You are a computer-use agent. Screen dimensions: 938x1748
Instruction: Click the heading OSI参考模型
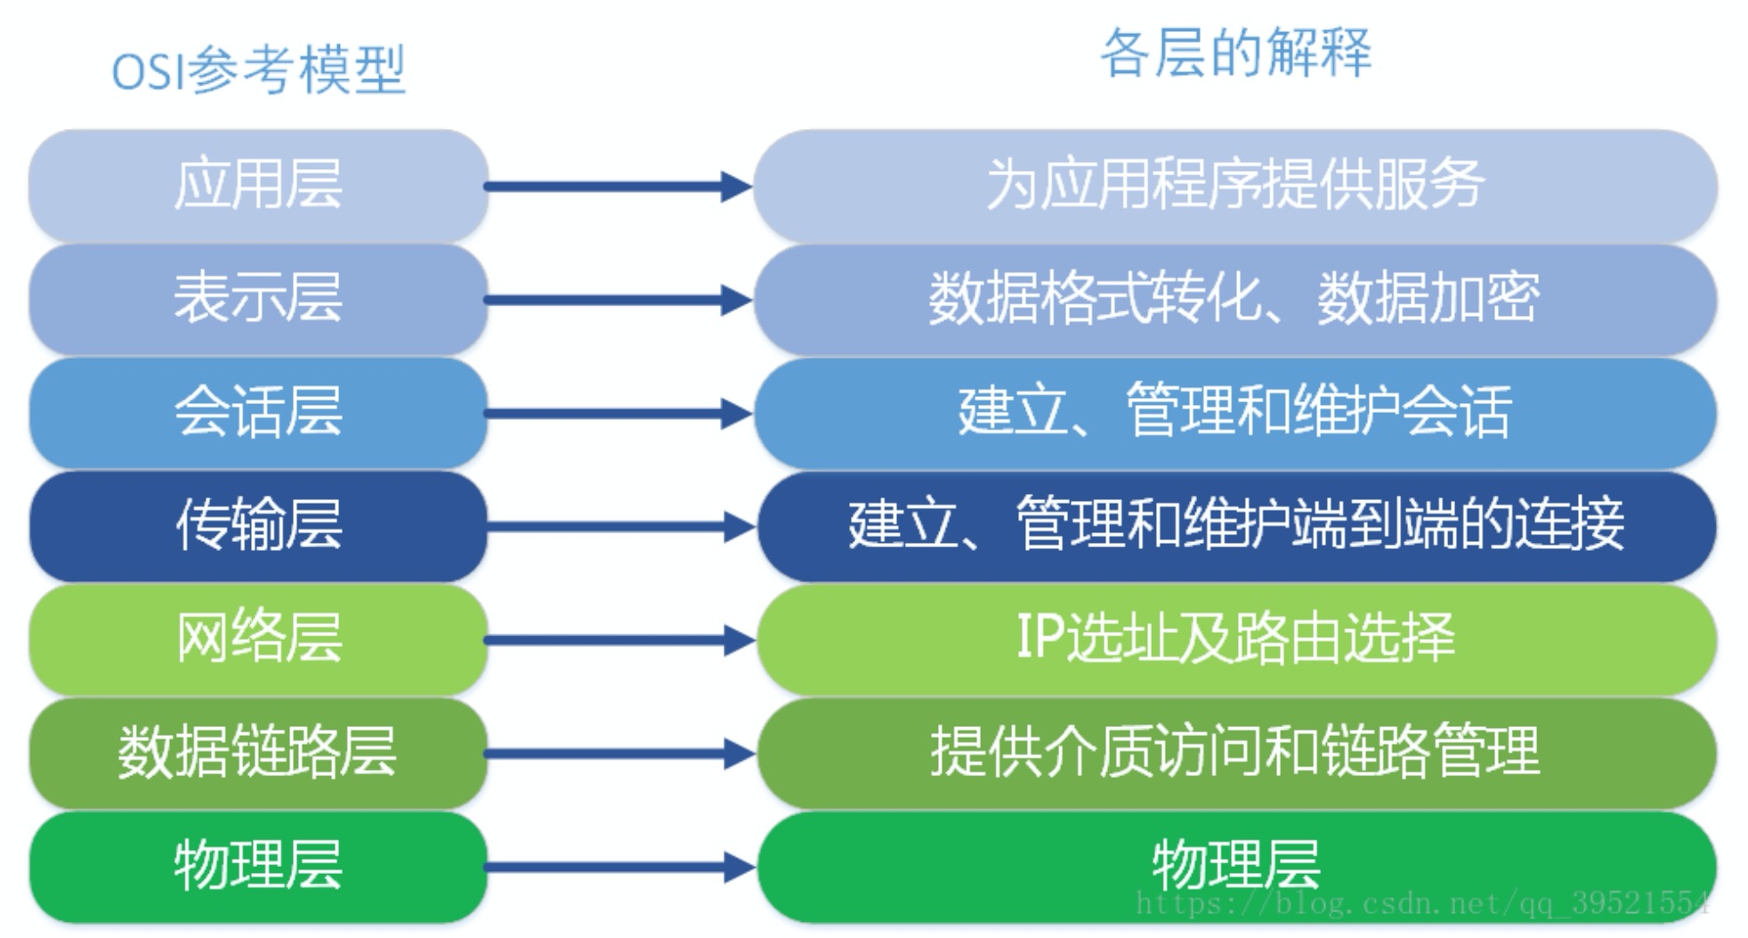pyautogui.click(x=258, y=69)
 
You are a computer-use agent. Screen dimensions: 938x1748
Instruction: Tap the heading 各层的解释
pyautogui.click(x=1235, y=53)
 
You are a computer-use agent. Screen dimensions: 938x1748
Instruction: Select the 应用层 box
pyautogui.click(x=258, y=185)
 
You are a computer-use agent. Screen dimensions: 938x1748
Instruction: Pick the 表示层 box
pyautogui.click(x=258, y=298)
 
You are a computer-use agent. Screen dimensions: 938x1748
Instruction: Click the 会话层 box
pyautogui.click(x=258, y=412)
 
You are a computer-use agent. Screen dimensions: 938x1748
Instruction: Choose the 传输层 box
pyautogui.click(x=258, y=525)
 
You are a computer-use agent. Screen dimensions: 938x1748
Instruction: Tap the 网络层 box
pyautogui.click(x=258, y=638)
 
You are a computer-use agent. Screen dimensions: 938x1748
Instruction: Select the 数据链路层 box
pyautogui.click(x=258, y=752)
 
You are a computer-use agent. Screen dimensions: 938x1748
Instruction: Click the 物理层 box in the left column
pyautogui.click(x=258, y=865)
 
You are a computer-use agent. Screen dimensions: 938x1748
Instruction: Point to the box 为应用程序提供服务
pyautogui.click(x=1235, y=185)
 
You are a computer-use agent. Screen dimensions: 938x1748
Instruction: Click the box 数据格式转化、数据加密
pyautogui.click(x=1235, y=298)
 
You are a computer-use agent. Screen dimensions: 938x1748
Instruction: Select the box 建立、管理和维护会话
pyautogui.click(x=1235, y=412)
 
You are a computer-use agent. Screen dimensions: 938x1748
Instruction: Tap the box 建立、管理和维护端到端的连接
pyautogui.click(x=1235, y=525)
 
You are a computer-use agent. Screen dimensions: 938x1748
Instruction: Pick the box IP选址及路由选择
pyautogui.click(x=1235, y=638)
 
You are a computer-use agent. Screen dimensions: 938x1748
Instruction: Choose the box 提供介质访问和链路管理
pyautogui.click(x=1235, y=752)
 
